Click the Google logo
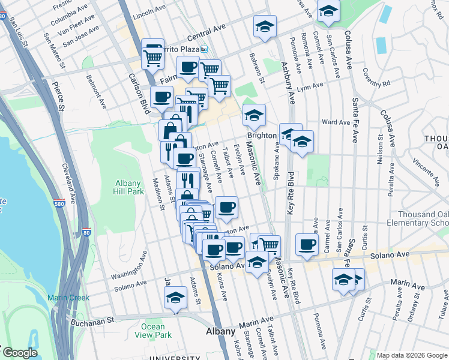click(19, 353)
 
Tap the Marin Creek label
click(68, 298)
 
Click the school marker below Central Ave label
click(265, 26)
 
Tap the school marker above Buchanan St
click(175, 296)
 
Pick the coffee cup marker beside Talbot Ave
click(226, 208)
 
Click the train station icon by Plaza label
click(204, 50)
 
